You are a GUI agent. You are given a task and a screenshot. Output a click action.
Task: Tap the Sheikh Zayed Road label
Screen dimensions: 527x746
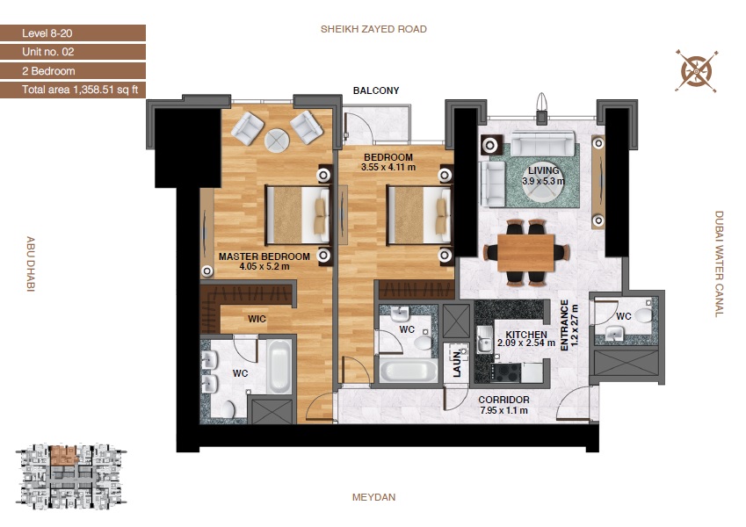[x=373, y=29]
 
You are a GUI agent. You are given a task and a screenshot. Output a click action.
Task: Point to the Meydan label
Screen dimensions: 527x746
[x=373, y=497]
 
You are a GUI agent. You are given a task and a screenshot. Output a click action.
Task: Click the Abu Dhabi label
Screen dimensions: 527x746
[x=30, y=263]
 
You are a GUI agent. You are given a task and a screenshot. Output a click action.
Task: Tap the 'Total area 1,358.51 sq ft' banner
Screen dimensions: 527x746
[x=72, y=89]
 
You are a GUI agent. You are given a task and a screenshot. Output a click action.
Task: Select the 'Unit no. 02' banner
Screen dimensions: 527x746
[x=72, y=52]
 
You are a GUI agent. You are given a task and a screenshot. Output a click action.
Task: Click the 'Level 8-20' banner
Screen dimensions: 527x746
[x=72, y=33]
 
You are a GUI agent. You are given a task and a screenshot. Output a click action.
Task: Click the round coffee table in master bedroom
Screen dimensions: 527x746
[x=277, y=141]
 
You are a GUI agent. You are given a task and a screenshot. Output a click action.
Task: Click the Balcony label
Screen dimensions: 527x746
[x=376, y=90]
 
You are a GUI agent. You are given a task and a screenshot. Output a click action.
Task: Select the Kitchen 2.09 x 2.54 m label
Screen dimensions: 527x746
[x=525, y=339]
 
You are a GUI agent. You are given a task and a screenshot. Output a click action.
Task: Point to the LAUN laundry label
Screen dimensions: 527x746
[x=457, y=365]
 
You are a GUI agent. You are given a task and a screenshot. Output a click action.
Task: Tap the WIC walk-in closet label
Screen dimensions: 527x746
[x=257, y=319]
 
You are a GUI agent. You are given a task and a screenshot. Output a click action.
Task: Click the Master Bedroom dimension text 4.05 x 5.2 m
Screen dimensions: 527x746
[x=264, y=267]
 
